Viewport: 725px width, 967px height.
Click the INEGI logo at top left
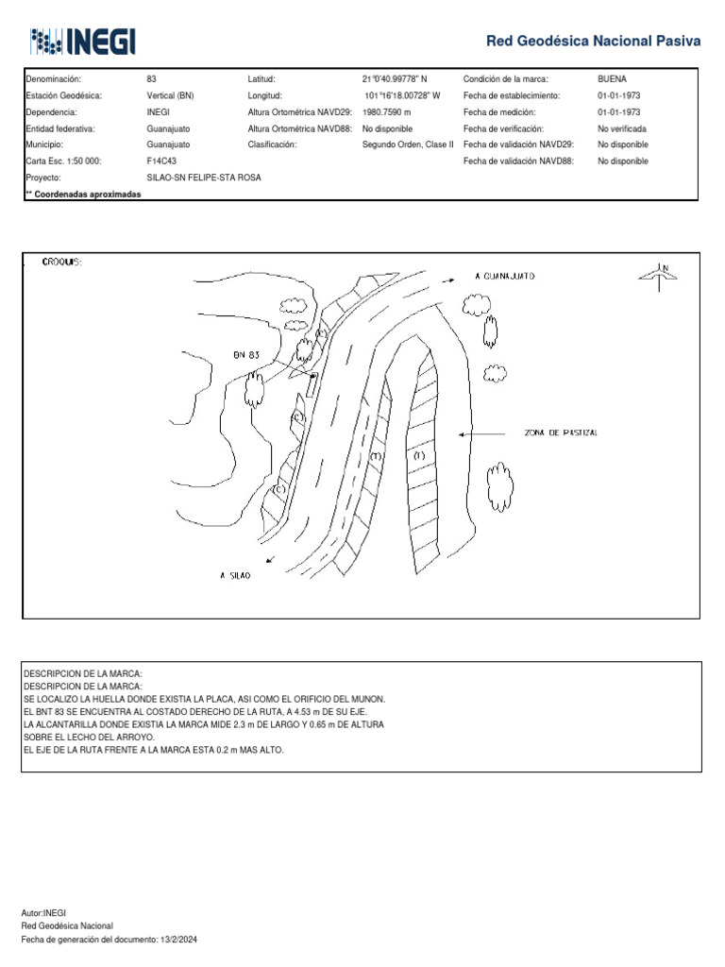(83, 41)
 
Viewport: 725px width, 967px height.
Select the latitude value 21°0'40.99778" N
(395, 79)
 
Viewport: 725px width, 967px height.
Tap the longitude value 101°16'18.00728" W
(402, 95)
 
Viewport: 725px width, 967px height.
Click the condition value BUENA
(612, 79)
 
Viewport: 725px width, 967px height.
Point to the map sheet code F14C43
(161, 161)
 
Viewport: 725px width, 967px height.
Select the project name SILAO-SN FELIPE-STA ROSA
(204, 178)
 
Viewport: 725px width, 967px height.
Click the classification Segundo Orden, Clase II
(408, 145)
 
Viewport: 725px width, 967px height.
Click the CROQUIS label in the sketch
(61, 262)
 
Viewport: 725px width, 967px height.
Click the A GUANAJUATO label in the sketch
(505, 278)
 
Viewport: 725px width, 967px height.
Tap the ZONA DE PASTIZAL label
(561, 433)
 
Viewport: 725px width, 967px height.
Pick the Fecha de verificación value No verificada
(622, 128)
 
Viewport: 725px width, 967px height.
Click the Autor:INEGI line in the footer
(43, 913)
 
